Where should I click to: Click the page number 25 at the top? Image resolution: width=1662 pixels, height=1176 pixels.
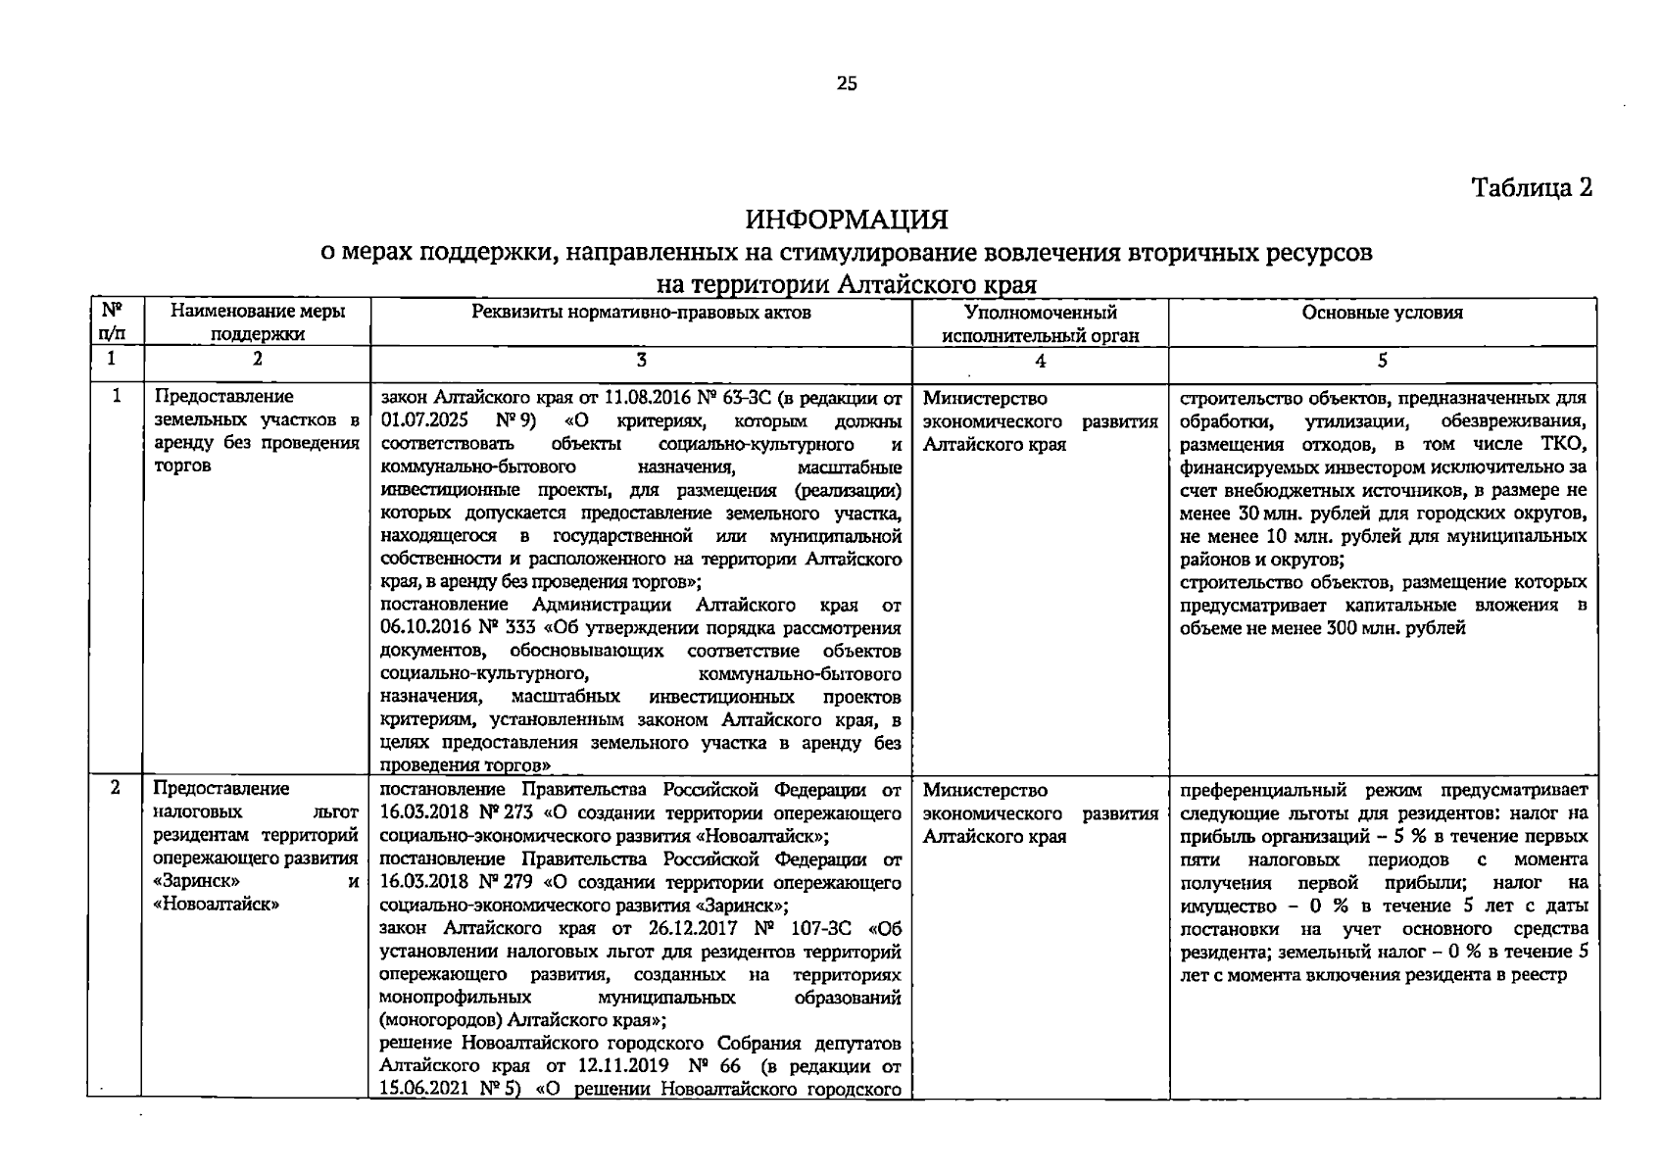click(847, 84)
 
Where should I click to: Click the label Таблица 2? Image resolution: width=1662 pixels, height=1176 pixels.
click(1532, 187)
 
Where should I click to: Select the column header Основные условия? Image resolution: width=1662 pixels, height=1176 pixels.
click(1382, 313)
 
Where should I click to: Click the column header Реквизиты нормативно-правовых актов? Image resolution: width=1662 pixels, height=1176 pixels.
click(641, 313)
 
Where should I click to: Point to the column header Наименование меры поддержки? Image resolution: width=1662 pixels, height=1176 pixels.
click(257, 323)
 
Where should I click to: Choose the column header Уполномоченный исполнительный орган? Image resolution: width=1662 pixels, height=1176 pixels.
click(1040, 323)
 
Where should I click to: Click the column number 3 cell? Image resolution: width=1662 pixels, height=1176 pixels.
click(641, 360)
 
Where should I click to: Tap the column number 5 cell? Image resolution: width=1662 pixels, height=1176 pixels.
click(1382, 360)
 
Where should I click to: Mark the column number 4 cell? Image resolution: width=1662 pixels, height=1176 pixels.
click(1040, 361)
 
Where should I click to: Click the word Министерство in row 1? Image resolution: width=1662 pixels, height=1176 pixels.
click(985, 399)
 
